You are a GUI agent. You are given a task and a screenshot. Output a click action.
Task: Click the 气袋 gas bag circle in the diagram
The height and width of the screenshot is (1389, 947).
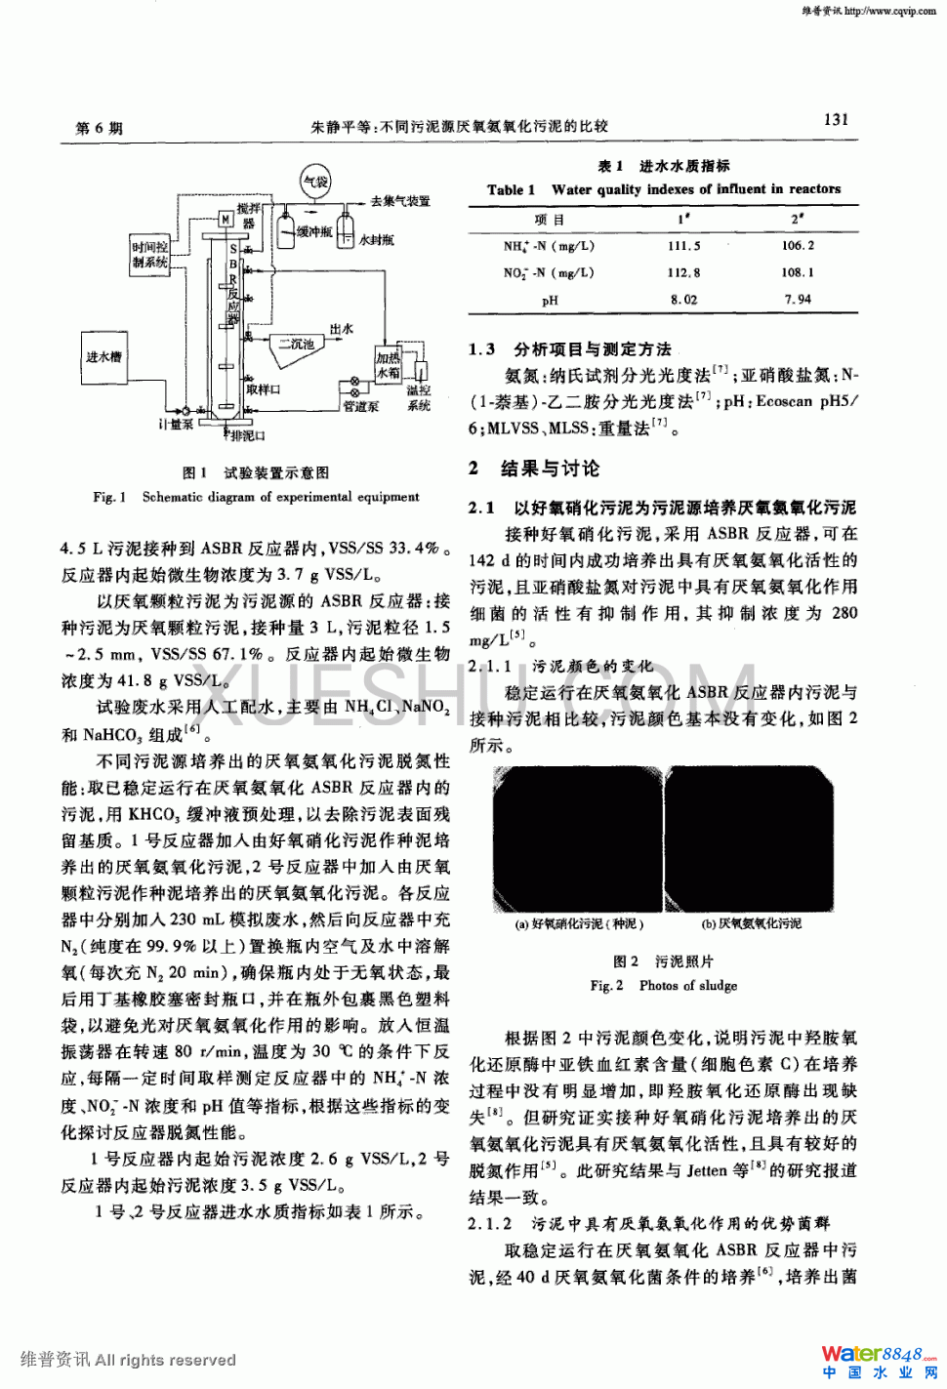(316, 182)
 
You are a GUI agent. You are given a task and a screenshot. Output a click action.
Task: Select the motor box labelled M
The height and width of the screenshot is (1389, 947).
(226, 220)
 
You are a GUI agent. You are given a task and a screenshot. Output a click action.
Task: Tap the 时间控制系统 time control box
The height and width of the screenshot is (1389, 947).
(150, 254)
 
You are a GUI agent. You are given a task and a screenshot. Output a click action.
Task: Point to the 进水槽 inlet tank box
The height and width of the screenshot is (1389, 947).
(104, 357)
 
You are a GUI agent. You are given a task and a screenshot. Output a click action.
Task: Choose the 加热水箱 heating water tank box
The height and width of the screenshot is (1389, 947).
(389, 365)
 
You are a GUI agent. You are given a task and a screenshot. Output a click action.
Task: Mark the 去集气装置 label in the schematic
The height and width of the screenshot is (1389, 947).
(400, 201)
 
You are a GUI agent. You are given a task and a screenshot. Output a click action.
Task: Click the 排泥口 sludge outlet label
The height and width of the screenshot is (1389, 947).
(246, 435)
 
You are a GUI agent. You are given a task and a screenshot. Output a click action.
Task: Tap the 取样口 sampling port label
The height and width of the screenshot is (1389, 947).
(264, 389)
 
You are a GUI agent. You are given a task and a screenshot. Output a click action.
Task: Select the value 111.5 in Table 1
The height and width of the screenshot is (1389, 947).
(683, 246)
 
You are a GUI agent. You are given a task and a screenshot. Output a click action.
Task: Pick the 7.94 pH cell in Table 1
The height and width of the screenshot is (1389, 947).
(798, 300)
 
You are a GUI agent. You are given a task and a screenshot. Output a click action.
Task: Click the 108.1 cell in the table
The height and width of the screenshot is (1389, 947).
(798, 272)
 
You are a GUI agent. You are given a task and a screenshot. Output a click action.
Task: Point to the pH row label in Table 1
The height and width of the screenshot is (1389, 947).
(550, 300)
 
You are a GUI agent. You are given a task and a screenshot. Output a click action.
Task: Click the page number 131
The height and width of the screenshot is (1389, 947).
(836, 120)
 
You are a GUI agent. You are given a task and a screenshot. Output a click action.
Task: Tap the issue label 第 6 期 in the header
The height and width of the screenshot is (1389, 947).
(99, 128)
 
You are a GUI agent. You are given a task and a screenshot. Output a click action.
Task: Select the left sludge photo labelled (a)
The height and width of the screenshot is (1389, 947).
(577, 840)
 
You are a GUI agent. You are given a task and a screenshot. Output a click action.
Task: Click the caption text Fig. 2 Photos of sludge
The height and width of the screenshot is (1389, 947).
(663, 986)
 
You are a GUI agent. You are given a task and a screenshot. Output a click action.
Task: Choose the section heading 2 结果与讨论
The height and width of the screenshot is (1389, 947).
(534, 469)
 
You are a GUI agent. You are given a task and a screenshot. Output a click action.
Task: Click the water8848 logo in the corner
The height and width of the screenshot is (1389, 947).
(878, 1360)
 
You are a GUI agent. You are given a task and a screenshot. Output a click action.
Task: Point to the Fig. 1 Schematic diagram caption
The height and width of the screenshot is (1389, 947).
(256, 497)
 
